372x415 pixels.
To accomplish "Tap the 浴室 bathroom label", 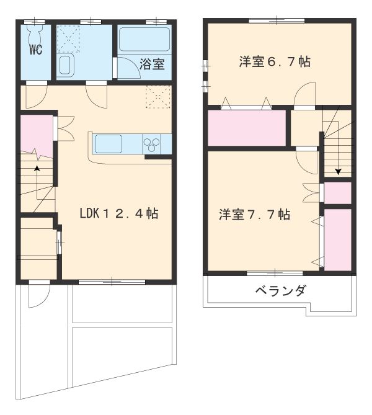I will click(x=152, y=63).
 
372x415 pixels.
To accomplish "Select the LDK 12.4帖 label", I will click(x=118, y=214).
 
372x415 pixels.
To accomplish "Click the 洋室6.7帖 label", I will click(x=275, y=61).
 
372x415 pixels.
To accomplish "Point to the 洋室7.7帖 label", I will click(x=254, y=215).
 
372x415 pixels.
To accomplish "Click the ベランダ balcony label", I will click(x=280, y=291).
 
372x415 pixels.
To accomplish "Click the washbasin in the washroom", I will click(x=65, y=65).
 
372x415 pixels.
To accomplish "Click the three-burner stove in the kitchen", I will click(x=152, y=144).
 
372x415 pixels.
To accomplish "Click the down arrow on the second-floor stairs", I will click(x=338, y=172).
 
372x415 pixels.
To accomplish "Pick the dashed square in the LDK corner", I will click(x=158, y=98).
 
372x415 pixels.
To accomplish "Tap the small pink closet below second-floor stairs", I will click(x=338, y=194).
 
